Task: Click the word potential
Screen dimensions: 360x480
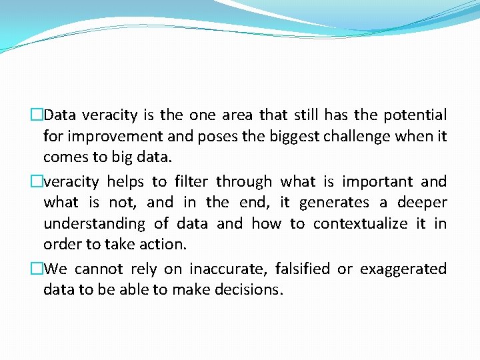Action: (x=414, y=115)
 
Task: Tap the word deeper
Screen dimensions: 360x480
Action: (x=422, y=202)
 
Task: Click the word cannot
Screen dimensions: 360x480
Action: (x=99, y=269)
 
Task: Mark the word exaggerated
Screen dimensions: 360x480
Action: (x=403, y=269)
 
